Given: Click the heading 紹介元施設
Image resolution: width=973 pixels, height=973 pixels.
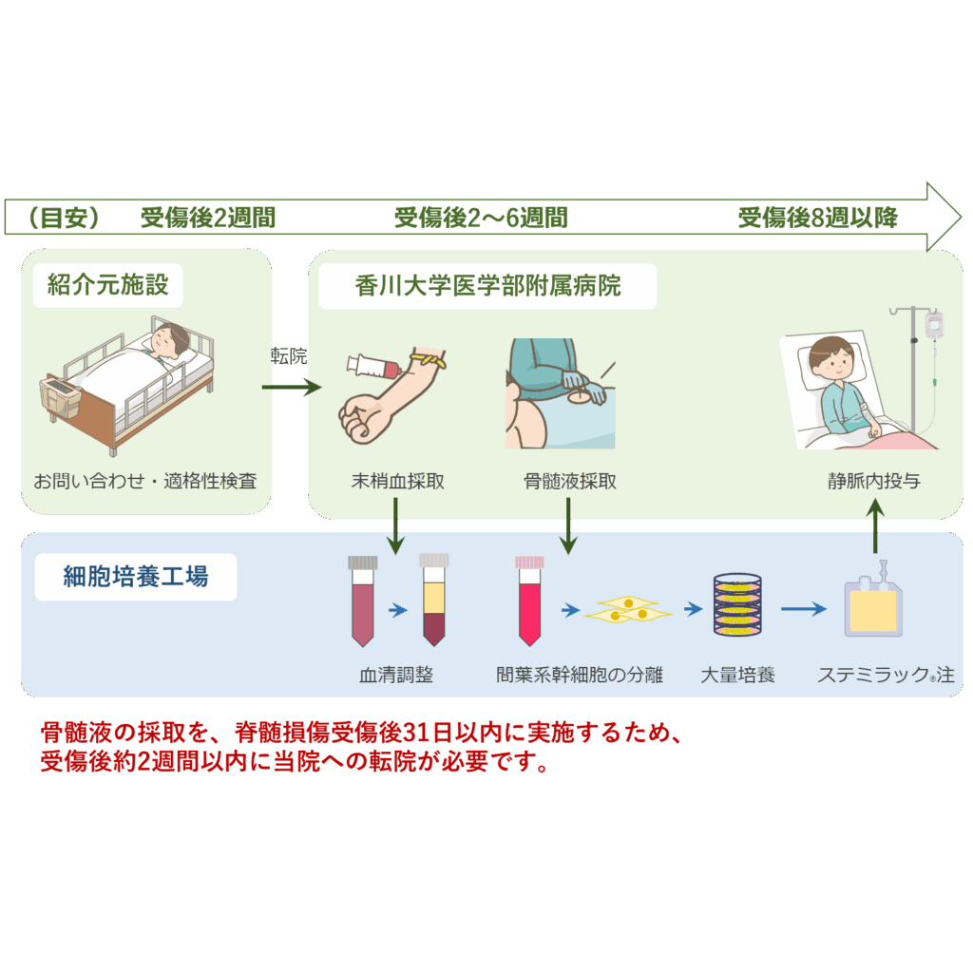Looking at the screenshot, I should (x=107, y=284).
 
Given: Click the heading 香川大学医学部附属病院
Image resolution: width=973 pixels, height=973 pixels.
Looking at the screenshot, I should (x=487, y=285).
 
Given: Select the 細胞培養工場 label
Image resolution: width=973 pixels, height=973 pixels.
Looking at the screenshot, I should (x=135, y=577).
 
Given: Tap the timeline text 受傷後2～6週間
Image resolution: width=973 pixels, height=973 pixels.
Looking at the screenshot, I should (x=481, y=219).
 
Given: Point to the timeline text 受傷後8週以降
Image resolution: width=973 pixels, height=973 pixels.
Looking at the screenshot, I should (x=818, y=219).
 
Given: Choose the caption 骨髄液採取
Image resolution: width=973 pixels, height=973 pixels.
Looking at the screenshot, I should (x=569, y=482).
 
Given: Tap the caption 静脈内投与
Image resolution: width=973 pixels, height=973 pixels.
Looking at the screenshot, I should (x=873, y=482).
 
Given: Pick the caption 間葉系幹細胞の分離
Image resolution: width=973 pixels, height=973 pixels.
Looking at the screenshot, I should (x=579, y=676).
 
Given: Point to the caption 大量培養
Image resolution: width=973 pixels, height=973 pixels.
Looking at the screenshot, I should (x=737, y=676).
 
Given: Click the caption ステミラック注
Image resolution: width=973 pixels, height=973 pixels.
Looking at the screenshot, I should (x=885, y=676).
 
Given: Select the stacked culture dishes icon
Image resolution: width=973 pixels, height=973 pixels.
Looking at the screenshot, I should (x=737, y=605).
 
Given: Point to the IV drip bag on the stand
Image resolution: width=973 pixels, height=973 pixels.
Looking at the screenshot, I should (x=933, y=325).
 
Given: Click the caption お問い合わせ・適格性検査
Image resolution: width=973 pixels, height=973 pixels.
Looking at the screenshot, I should (x=144, y=482).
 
